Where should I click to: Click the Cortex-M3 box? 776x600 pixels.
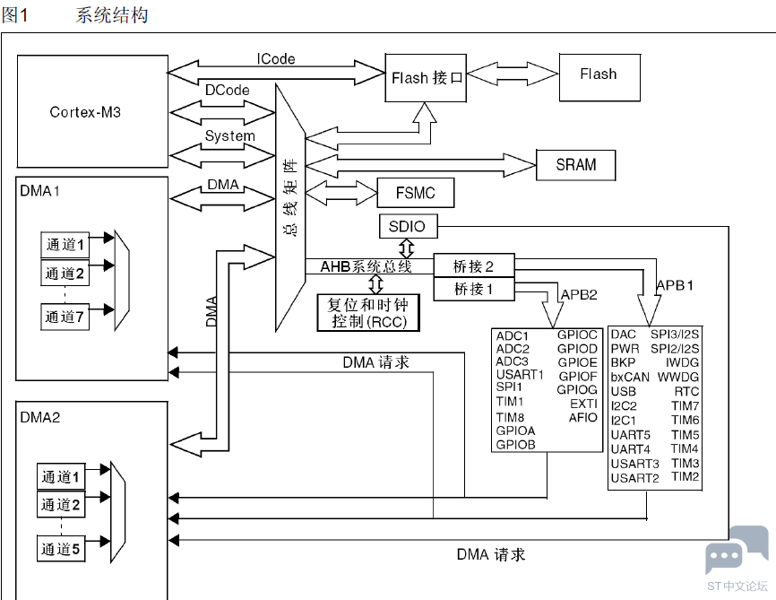92,111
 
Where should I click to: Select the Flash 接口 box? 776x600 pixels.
426,78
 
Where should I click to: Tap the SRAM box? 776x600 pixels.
576,165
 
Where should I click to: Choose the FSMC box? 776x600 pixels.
416,193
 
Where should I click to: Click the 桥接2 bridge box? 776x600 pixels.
474,266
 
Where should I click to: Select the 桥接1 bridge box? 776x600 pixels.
474,289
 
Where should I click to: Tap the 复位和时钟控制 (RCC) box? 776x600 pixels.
368,313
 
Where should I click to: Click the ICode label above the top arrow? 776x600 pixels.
276,59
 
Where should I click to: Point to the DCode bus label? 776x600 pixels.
228,91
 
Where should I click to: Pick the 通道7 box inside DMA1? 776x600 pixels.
65,317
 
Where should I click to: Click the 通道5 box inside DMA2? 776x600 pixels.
61,549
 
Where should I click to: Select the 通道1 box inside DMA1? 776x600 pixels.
65,245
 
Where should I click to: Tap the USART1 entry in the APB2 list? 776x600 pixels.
520,374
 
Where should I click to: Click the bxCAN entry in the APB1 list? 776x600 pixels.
630,377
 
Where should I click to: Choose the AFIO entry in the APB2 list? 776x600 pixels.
583,418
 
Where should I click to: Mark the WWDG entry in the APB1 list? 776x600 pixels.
678,377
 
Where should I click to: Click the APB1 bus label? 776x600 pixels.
675,285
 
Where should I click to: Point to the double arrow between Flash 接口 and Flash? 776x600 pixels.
513,74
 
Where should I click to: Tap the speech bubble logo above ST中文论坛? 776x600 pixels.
737,550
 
